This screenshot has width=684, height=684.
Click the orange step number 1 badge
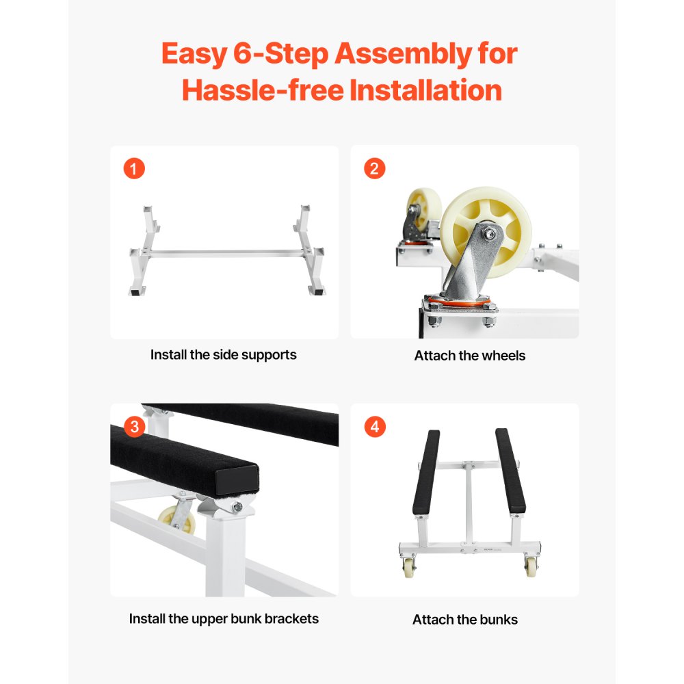pos(134,168)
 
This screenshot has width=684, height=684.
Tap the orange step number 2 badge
pos(374,168)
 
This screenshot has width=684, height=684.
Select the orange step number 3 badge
pos(134,427)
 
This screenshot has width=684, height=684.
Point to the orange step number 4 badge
pos(374,427)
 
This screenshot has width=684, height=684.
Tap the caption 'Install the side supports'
pos(224,355)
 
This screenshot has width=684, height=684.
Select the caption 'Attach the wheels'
pos(469,356)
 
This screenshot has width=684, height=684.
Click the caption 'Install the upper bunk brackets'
pos(224,618)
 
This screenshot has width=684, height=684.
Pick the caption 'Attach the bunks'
pos(465,620)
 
